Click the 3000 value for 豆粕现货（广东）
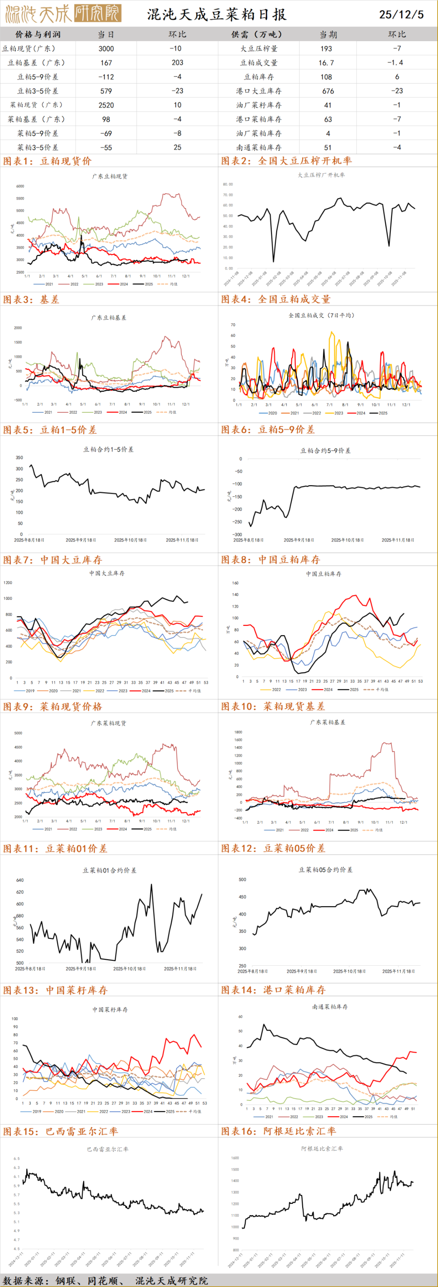click(x=106, y=48)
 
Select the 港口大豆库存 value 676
click(x=328, y=91)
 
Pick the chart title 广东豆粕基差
click(x=108, y=317)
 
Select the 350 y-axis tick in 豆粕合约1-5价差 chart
click(x=19, y=458)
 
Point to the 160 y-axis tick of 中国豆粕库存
click(x=235, y=583)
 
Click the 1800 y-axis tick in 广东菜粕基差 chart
click(x=238, y=732)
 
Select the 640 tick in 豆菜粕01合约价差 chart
click(x=20, y=880)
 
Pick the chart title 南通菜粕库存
click(x=330, y=1007)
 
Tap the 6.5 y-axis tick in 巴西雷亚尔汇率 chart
click(x=17, y=1158)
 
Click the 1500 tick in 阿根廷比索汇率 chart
click(x=235, y=1157)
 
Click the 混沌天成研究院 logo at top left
click(x=62, y=14)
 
